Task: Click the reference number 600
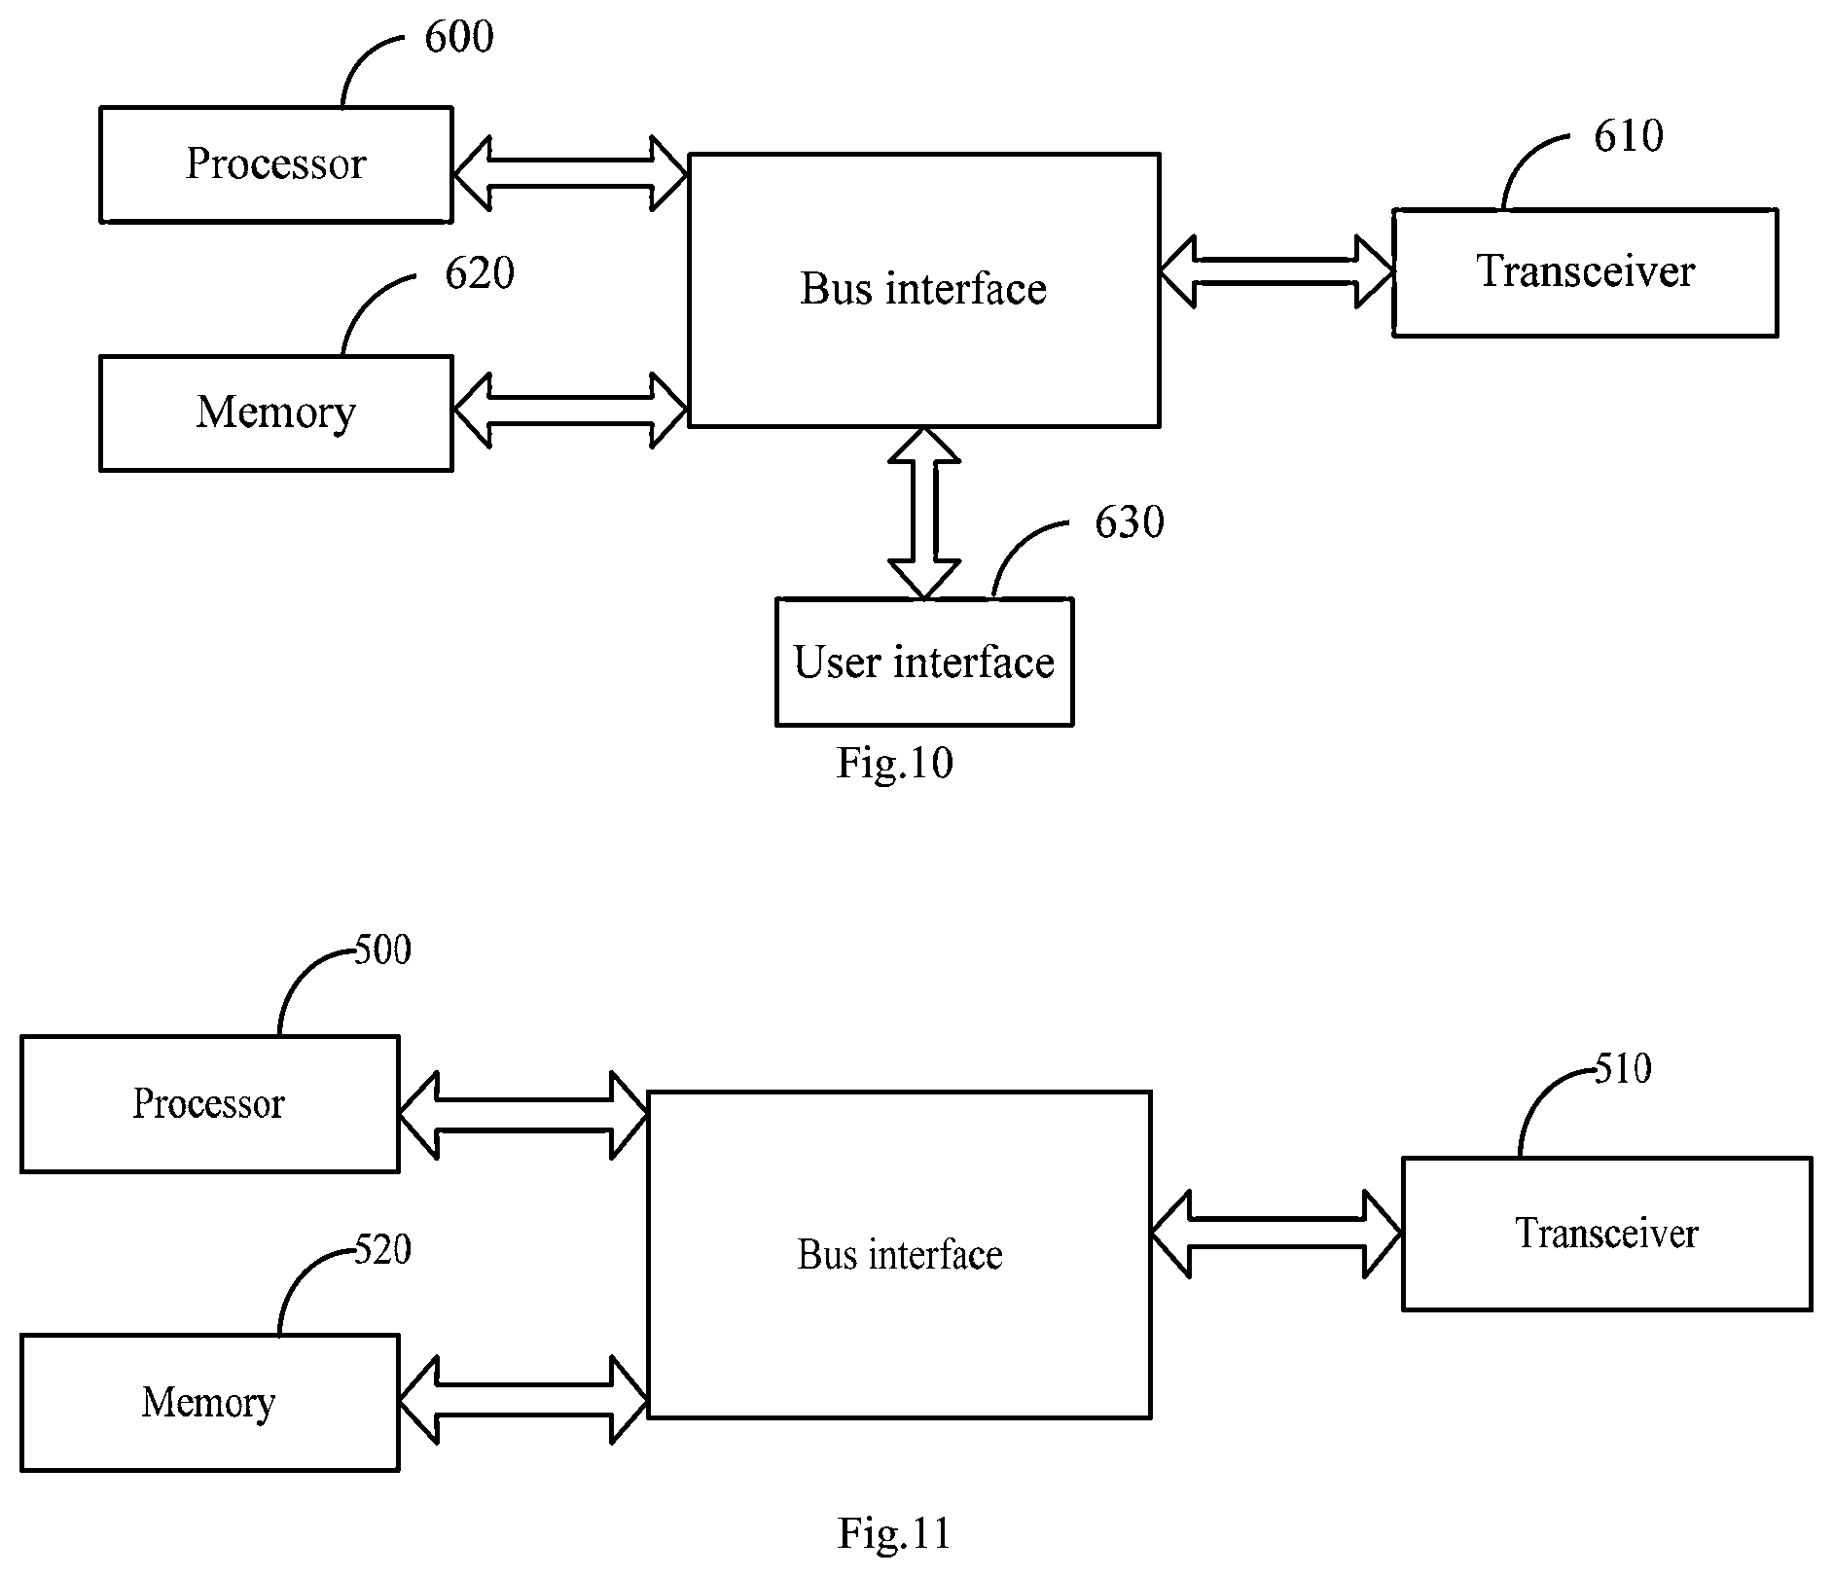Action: [x=459, y=37]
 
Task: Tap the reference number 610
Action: [x=1629, y=136]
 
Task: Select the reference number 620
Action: [x=480, y=273]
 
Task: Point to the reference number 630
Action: [x=1130, y=523]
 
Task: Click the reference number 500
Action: [x=382, y=950]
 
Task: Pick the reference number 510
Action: [x=1623, y=1069]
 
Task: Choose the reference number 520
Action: [x=382, y=1249]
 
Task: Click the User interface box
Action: [x=924, y=662]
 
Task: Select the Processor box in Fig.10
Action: [x=276, y=164]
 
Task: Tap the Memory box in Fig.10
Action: [x=276, y=413]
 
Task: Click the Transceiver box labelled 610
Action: [x=1585, y=272]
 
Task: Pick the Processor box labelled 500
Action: [x=210, y=1104]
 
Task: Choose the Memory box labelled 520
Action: [x=210, y=1403]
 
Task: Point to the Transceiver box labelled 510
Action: [x=1606, y=1234]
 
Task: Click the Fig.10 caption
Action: [x=895, y=764]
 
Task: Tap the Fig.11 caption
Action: [x=894, y=1533]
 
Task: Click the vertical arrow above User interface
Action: [x=924, y=513]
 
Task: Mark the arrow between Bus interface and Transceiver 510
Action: [x=1276, y=1234]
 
